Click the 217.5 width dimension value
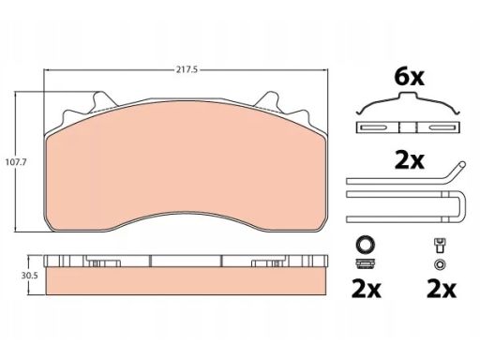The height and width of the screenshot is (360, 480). pos(187,69)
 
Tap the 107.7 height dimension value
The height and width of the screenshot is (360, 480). pos(17,162)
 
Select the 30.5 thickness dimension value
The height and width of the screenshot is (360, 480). pos(29,276)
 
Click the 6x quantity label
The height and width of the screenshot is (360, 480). pos(409,77)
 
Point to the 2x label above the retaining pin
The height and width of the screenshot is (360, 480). pos(410,160)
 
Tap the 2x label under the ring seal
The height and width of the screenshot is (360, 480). pos(367,289)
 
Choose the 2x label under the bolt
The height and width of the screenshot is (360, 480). pos(442,289)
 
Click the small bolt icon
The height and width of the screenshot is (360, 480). pos(440,246)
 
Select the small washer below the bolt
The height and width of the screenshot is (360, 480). pos(440,264)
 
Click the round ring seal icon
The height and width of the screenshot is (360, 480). pos(366,244)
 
